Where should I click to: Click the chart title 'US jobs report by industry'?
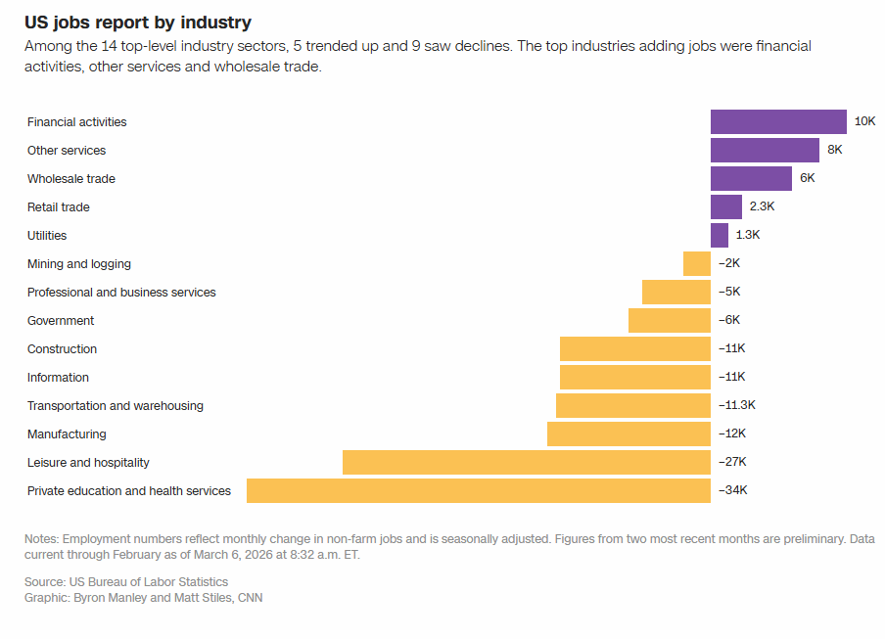point(138,22)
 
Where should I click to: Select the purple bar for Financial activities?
point(778,121)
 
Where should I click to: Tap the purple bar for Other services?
point(765,150)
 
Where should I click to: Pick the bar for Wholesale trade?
point(751,178)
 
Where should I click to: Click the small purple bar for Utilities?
point(720,235)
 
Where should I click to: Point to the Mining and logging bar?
point(697,263)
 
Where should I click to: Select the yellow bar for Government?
point(670,320)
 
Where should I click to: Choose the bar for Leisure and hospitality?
point(527,462)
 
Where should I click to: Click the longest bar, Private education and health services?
point(479,490)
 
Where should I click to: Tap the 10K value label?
point(864,121)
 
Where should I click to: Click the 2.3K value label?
point(762,206)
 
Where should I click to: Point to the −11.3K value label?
point(737,405)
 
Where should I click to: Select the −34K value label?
point(732,490)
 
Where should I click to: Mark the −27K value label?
point(732,462)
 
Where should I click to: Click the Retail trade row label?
point(59,206)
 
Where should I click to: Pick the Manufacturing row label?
point(67,434)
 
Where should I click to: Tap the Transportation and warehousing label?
point(116,405)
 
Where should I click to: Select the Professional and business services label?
point(121,292)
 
